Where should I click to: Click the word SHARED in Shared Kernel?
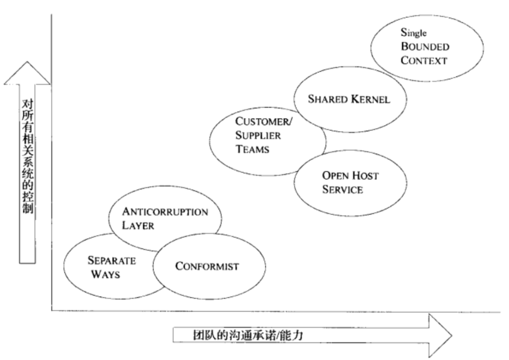[x=326, y=98]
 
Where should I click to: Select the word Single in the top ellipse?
[x=414, y=33]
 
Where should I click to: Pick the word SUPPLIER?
[x=258, y=135]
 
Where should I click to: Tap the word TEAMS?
[x=252, y=149]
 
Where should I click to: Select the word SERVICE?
[x=342, y=189]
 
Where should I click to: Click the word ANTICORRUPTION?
[x=165, y=211]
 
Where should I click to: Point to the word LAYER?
[x=138, y=225]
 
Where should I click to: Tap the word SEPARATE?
[x=111, y=260]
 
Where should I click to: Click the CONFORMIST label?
[x=206, y=266]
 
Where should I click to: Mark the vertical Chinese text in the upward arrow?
[x=27, y=155]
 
